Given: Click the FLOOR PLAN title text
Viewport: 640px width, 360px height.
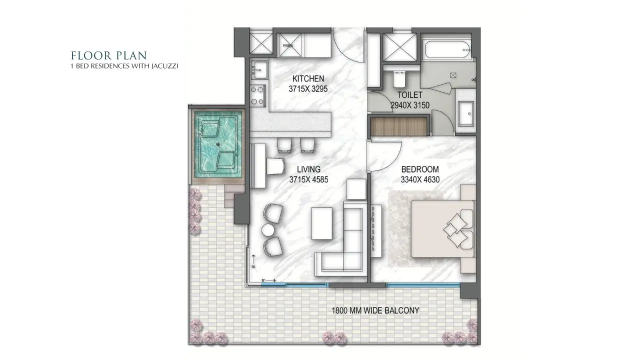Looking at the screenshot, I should (108, 55).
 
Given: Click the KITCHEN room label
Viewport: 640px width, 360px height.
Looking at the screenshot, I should (308, 78).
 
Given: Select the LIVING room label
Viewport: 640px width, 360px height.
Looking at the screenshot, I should (308, 169).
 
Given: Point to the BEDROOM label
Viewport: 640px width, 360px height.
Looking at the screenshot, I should (419, 169).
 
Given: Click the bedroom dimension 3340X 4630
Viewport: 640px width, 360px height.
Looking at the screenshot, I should (419, 179).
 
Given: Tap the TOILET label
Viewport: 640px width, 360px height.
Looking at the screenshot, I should (410, 94).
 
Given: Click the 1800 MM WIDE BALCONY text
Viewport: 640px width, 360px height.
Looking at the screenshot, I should (375, 310).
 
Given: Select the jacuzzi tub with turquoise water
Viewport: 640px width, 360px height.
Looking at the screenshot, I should (218, 145).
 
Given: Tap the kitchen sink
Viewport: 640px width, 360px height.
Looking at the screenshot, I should (258, 69).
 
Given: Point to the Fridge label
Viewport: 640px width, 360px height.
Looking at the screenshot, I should (287, 45).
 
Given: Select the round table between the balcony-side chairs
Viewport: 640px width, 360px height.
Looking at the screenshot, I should (268, 229).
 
